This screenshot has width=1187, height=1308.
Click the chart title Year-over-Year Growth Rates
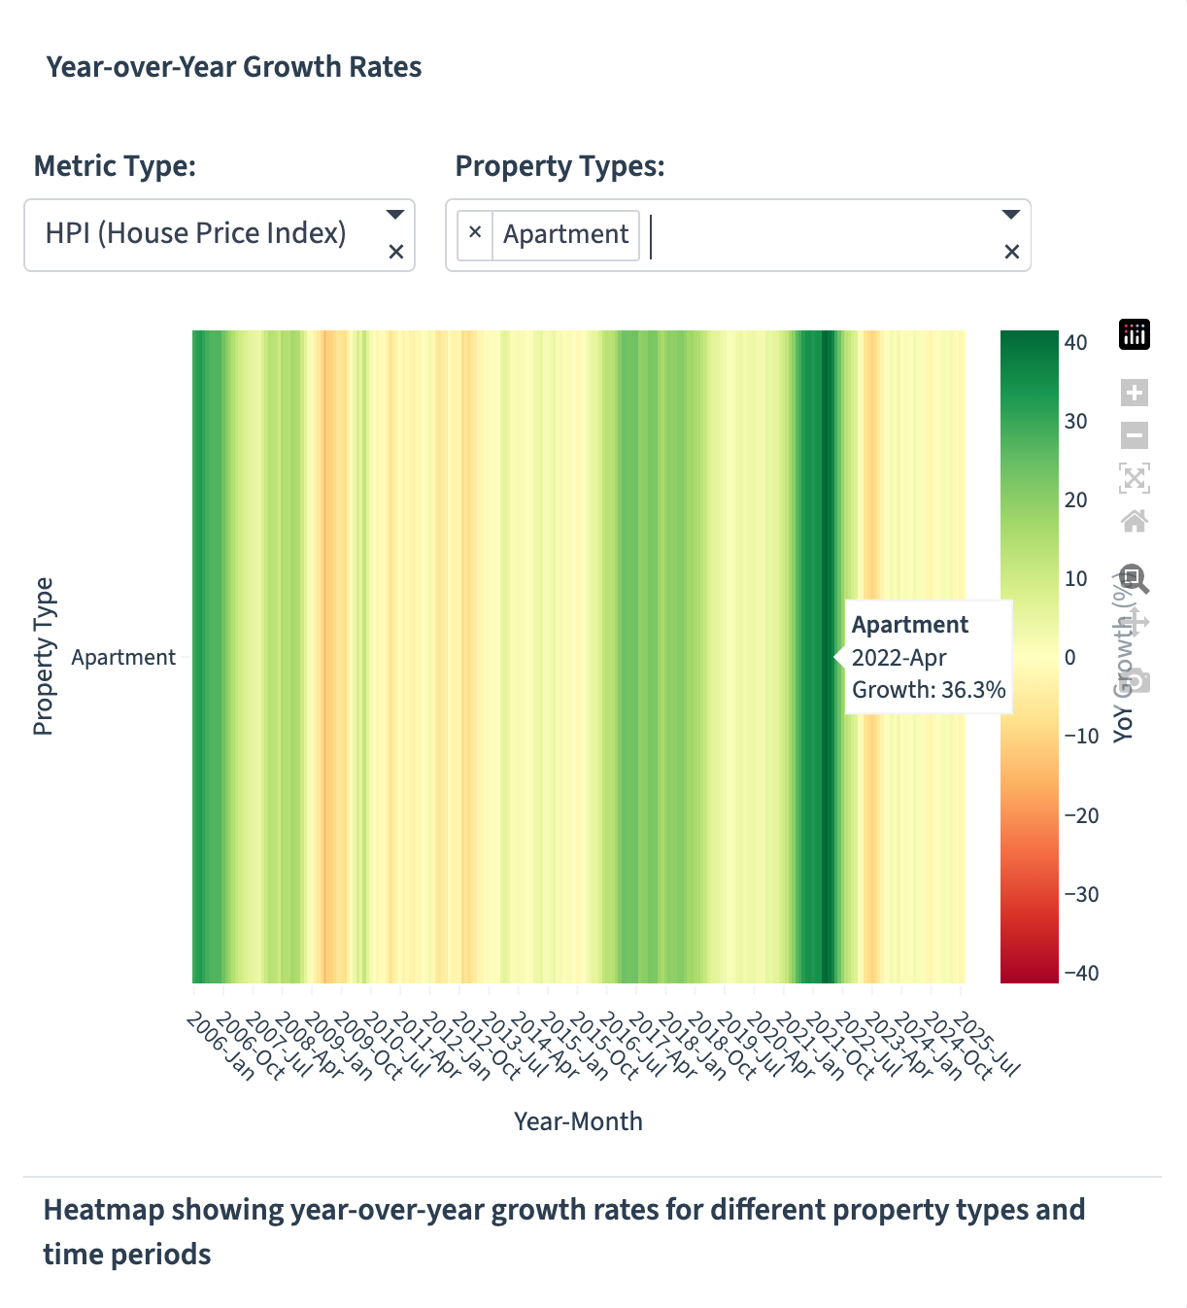click(x=234, y=67)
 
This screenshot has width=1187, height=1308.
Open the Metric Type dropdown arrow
click(x=394, y=215)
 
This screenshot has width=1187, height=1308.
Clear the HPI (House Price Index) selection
click(x=395, y=252)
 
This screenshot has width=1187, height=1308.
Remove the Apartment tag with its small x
click(x=475, y=232)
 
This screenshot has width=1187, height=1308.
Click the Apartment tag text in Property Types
click(x=565, y=234)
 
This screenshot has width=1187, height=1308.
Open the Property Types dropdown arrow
click(x=1010, y=215)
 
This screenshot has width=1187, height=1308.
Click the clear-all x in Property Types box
click(x=1011, y=252)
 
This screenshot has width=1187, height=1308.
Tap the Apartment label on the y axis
click(x=123, y=657)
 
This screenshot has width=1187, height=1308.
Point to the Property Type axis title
click(x=44, y=657)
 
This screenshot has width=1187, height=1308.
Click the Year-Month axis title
click(x=578, y=1121)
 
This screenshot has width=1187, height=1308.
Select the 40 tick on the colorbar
click(x=1075, y=342)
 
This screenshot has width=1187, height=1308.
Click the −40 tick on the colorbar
click(x=1080, y=973)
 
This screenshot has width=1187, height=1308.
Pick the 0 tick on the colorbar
click(x=1070, y=658)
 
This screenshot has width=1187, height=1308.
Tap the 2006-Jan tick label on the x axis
click(x=220, y=1046)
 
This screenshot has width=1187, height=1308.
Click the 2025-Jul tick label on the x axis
click(x=987, y=1046)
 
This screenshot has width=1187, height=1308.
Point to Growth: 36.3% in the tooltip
click(x=928, y=690)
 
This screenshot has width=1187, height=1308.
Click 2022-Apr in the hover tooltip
click(x=899, y=658)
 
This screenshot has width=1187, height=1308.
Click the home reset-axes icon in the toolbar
click(x=1135, y=521)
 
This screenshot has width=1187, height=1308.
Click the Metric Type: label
click(x=115, y=166)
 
